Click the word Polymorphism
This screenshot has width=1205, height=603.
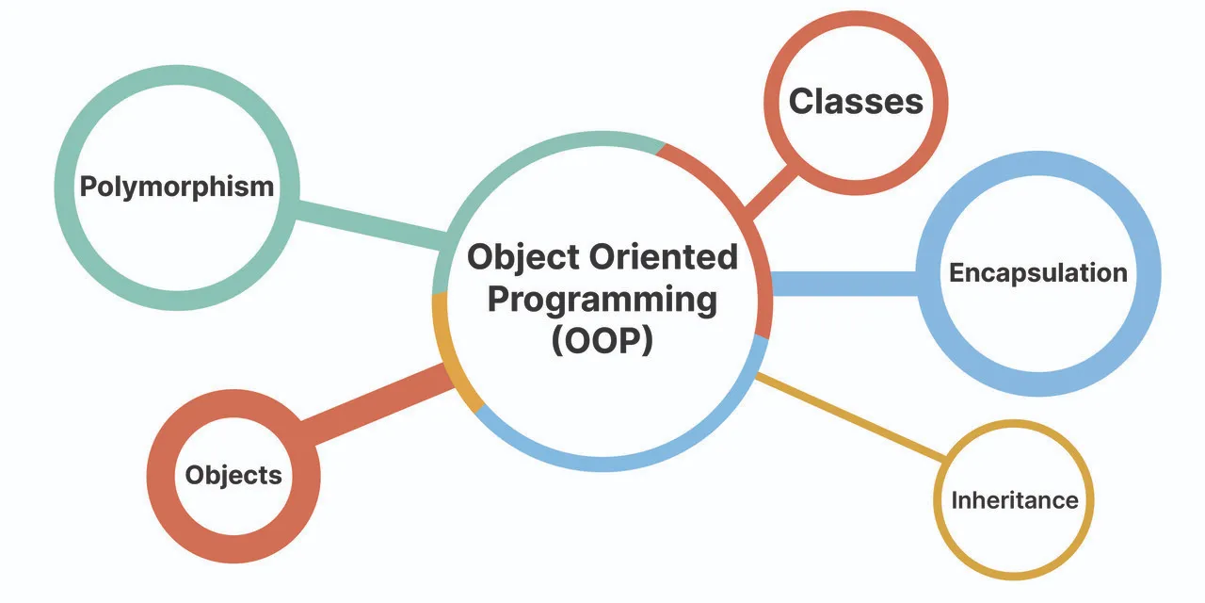click(x=176, y=187)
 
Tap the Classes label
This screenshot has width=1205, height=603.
click(x=855, y=102)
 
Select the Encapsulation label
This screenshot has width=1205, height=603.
click(x=1037, y=273)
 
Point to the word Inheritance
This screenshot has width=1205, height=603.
click(x=1014, y=499)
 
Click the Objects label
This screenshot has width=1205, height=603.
click(x=233, y=475)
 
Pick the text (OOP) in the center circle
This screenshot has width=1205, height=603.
click(x=602, y=341)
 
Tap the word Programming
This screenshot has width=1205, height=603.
click(x=602, y=300)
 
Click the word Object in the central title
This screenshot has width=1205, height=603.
click(x=522, y=256)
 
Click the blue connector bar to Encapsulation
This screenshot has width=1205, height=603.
click(x=843, y=283)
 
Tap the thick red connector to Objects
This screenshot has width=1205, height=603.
click(x=377, y=403)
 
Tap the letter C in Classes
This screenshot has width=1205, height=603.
click(x=801, y=102)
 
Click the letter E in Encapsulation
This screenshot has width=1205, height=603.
click(x=956, y=273)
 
